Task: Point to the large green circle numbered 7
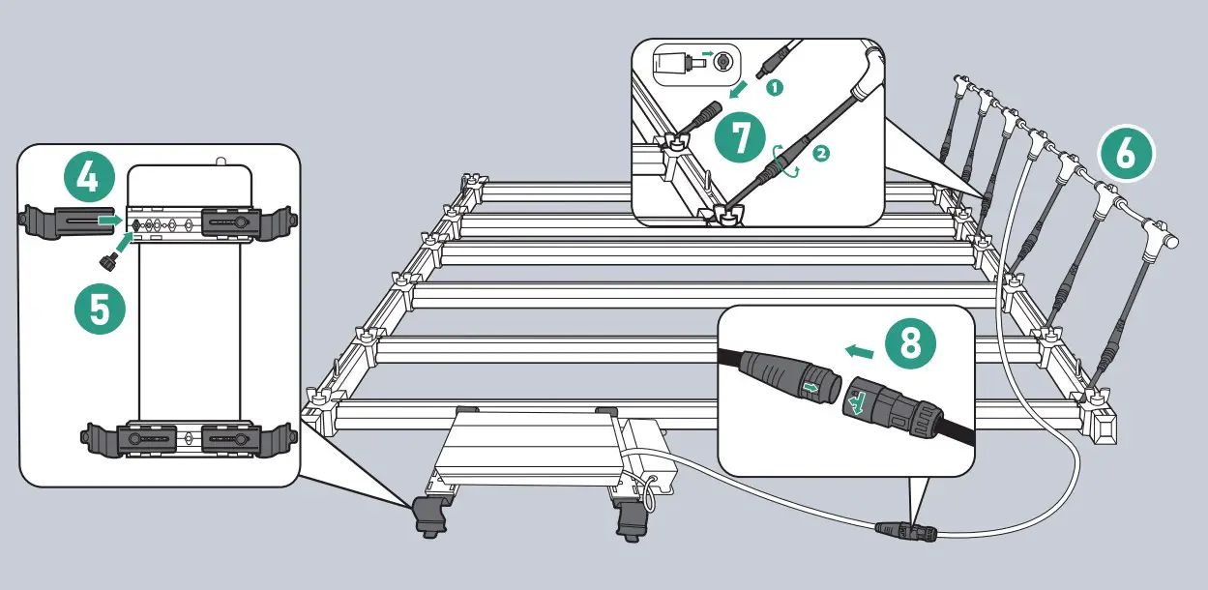click(741, 138)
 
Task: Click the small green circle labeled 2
click(820, 153)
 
